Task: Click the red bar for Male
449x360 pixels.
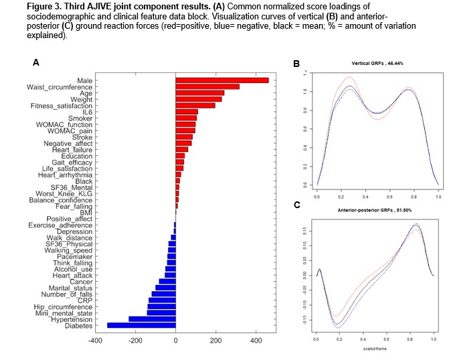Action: pos(221,80)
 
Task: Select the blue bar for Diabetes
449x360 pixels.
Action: pos(141,325)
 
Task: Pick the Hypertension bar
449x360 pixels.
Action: pos(152,319)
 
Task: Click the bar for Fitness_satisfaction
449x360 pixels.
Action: pos(195,105)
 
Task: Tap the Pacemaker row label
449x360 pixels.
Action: pos(147,256)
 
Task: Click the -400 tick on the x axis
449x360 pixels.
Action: pos(95,340)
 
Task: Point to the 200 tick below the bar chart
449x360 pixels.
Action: pos(215,340)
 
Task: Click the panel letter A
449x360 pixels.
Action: pos(35,62)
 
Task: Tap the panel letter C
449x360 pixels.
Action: pos(296,204)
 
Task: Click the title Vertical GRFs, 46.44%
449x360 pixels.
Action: pos(377,64)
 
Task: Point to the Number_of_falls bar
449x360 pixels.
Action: pos(163,294)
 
